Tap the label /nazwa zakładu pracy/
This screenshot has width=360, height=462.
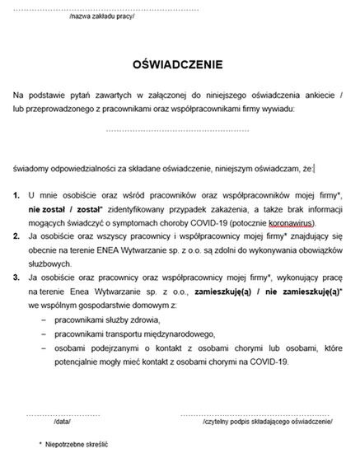102,16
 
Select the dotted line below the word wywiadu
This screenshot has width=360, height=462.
177,131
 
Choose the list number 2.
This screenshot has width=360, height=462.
16,236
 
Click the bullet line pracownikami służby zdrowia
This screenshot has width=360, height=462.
107,319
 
